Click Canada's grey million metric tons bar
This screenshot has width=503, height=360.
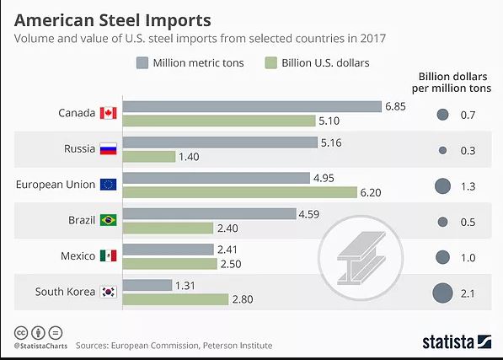coord(252,106)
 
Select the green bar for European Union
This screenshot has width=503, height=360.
coord(240,192)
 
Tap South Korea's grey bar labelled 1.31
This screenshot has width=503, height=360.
coord(147,285)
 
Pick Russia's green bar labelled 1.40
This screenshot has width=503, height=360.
coord(149,157)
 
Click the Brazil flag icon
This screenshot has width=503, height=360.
coord(108,220)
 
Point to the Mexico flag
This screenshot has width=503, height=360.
coord(108,255)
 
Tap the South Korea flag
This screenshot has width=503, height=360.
coord(108,292)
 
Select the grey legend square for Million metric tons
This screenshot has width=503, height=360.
coord(142,63)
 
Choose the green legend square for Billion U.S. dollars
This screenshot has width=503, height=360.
coord(270,63)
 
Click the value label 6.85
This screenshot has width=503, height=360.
coord(395,106)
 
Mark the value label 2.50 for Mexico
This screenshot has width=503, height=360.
coord(231,264)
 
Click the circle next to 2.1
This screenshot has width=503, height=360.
coord(442,293)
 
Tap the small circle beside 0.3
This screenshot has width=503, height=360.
coord(442,150)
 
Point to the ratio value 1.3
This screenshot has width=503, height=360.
coord(468,186)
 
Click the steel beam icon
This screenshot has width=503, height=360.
coord(361,258)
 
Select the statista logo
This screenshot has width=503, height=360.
coord(457,342)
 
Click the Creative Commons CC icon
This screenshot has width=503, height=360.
coord(21,333)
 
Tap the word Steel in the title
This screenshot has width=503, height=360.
coord(120,20)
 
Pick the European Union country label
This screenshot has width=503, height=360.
coord(56,185)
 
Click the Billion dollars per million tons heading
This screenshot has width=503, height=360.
coord(452,83)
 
